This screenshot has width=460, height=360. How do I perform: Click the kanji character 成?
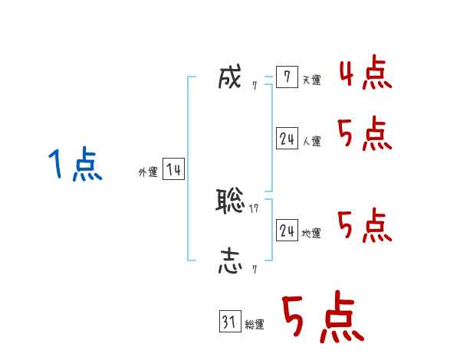[x=230, y=78]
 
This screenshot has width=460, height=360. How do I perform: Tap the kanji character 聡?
[x=230, y=201]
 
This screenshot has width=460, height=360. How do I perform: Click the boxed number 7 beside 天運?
[x=287, y=77]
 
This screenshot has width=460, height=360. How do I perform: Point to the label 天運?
[x=311, y=80]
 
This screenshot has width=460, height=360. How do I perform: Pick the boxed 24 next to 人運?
[x=287, y=139]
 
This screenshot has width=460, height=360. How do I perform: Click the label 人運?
[x=311, y=142]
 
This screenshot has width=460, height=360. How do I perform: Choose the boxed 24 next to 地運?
[x=287, y=230]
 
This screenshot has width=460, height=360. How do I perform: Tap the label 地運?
[x=311, y=234]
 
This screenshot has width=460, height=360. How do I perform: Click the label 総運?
[x=255, y=325]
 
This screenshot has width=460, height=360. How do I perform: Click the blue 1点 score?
[x=74, y=165]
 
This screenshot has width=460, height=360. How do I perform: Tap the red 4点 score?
[x=365, y=73]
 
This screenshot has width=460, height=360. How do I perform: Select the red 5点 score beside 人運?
[x=365, y=134]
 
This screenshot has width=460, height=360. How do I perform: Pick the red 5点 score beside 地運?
[x=365, y=225]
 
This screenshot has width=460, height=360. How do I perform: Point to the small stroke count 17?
[x=254, y=208]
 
